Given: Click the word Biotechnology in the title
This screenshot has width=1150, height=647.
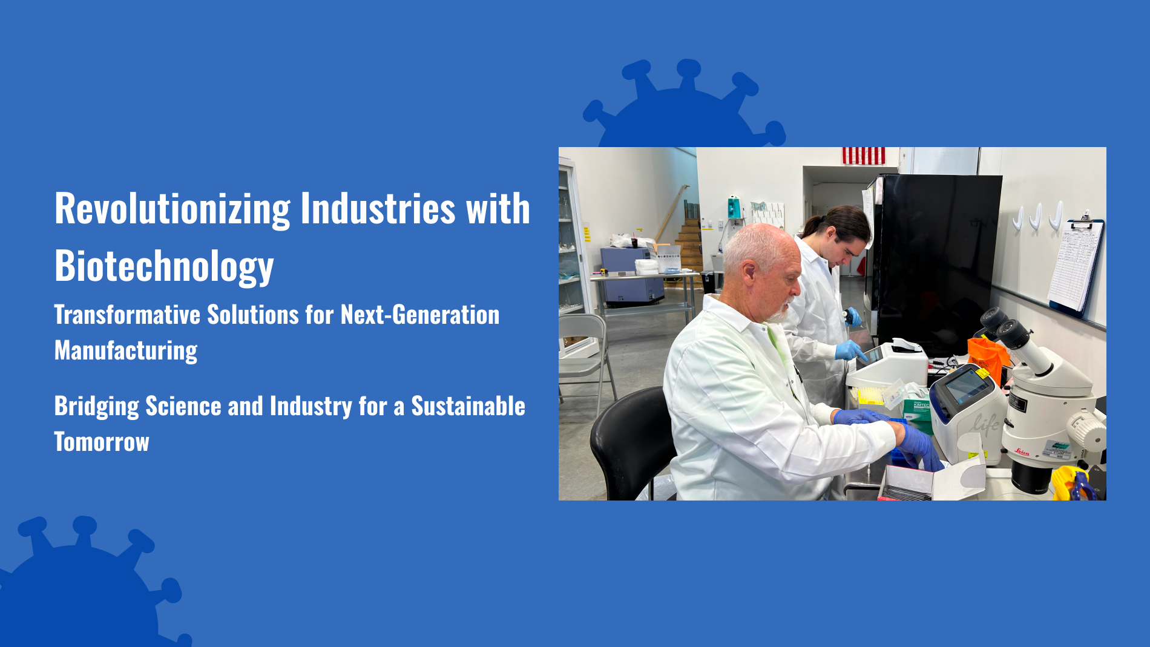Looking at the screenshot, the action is pos(164,266).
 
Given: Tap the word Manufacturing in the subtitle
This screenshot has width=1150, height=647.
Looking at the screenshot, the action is pos(126,350).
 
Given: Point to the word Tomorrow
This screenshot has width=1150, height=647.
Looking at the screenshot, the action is pos(102,442).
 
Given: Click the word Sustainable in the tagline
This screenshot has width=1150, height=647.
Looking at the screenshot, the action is pos(468,406).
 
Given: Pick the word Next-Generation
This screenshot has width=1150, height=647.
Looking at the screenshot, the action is pos(420,315).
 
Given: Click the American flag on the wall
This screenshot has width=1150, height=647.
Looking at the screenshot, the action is pos(864,156).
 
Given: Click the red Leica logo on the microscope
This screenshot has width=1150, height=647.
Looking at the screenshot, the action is pos(1022,452).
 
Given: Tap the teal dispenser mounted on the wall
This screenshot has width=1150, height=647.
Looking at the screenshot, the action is pos(734,207).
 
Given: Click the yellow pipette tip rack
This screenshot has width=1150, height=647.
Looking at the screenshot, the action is pos(873,395).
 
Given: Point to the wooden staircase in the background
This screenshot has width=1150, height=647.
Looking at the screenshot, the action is pos(689,245).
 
